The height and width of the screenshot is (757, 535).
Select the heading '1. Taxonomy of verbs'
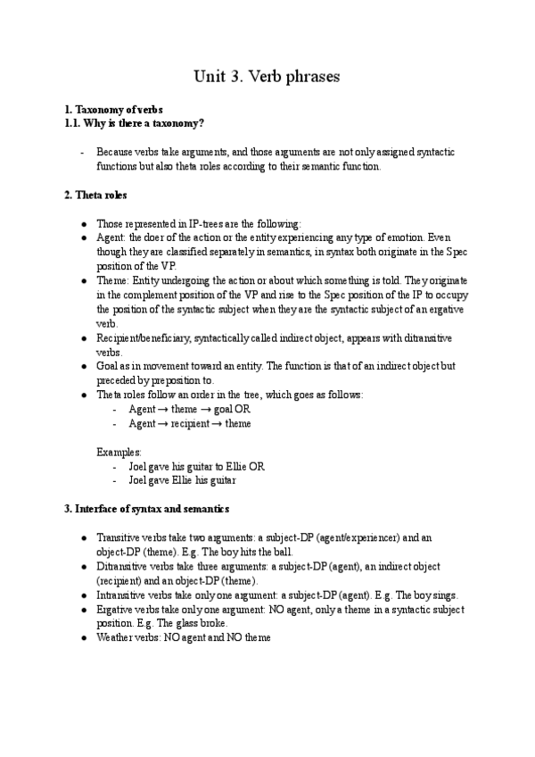point(114,109)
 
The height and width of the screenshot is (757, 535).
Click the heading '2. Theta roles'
point(95,195)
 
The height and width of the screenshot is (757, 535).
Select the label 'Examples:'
point(118,453)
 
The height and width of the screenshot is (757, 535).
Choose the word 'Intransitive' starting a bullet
point(123,595)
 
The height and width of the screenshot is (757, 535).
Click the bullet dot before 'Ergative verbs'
point(83,609)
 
